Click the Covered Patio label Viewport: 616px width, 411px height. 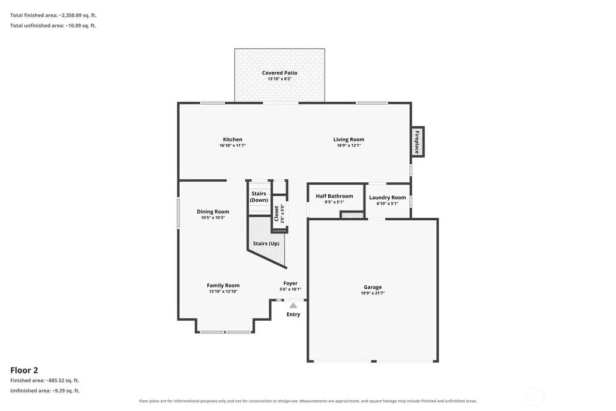(x=279, y=73)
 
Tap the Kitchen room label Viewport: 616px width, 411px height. (x=233, y=139)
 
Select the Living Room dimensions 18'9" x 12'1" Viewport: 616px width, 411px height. (x=349, y=146)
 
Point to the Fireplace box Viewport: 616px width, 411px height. (x=418, y=142)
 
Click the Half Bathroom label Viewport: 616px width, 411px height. (x=334, y=196)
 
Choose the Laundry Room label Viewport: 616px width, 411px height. (x=388, y=197)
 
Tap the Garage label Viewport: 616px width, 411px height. (x=373, y=287)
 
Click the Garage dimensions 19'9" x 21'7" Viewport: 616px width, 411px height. (x=373, y=293)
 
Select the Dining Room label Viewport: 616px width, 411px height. (x=213, y=212)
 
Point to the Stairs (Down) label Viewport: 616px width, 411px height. (x=259, y=197)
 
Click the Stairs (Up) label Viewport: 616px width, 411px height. (x=266, y=244)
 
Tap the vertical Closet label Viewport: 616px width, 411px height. (x=276, y=214)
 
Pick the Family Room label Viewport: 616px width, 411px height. (x=223, y=286)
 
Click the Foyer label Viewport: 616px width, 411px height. (x=290, y=283)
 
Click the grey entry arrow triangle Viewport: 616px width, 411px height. (x=293, y=305)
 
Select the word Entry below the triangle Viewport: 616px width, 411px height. (x=293, y=314)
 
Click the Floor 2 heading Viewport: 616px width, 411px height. (x=24, y=370)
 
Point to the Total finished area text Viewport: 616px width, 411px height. (x=53, y=15)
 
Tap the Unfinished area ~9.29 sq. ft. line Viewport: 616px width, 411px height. (x=45, y=391)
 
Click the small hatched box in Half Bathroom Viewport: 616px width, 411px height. (x=352, y=215)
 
